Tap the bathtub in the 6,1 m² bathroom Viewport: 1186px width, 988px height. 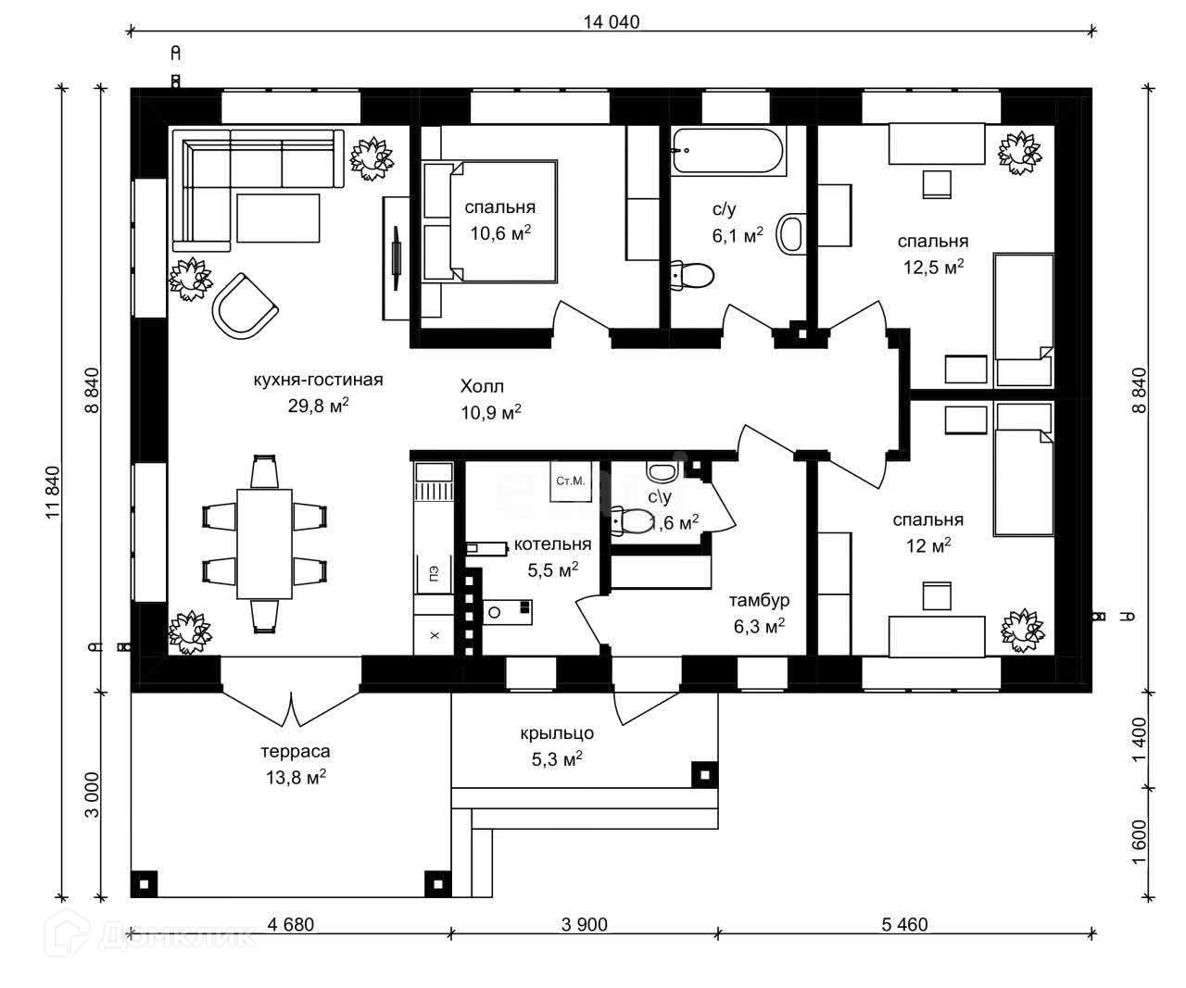(x=729, y=152)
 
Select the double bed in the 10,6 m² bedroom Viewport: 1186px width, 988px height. (x=489, y=222)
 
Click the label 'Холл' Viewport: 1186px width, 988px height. (x=482, y=386)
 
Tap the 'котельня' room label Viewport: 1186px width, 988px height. (x=552, y=544)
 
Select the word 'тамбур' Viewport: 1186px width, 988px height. (x=759, y=601)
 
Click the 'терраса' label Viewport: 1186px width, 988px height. (x=296, y=752)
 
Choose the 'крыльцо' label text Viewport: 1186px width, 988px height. (x=556, y=734)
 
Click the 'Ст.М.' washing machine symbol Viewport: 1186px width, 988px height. (x=570, y=481)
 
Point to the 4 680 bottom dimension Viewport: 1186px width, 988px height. (x=291, y=924)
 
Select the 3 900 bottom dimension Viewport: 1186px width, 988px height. (x=585, y=924)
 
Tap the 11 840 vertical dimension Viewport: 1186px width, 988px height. (x=53, y=492)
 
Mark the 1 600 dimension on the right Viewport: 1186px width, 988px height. (x=1139, y=842)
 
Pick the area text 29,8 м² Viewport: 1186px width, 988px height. (x=318, y=405)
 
